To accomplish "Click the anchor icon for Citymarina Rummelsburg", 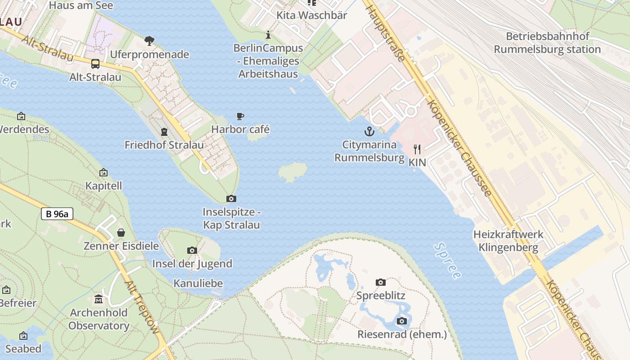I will (369, 131).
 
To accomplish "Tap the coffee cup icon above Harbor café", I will (240, 117).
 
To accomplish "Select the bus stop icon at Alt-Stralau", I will (95, 64).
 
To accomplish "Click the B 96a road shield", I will (57, 214).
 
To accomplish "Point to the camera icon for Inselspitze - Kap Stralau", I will (231, 198).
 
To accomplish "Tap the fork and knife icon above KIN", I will (417, 149).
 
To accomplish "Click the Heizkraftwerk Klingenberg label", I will (508, 241).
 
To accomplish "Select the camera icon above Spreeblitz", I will (381, 282).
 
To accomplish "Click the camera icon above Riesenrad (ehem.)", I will (402, 321).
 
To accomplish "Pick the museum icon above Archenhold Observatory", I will (99, 299).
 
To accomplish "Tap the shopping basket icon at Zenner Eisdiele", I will (121, 233).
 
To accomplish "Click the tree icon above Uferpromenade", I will (149, 41).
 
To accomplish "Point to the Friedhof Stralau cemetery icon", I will (164, 132).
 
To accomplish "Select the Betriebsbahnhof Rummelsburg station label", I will (547, 43).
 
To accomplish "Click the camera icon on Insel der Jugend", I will (192, 250).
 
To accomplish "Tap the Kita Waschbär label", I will (311, 15).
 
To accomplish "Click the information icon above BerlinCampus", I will (268, 35).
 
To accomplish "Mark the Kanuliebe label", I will (198, 283).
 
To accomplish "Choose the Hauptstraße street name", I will (386, 34).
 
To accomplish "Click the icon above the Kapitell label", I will (103, 172).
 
